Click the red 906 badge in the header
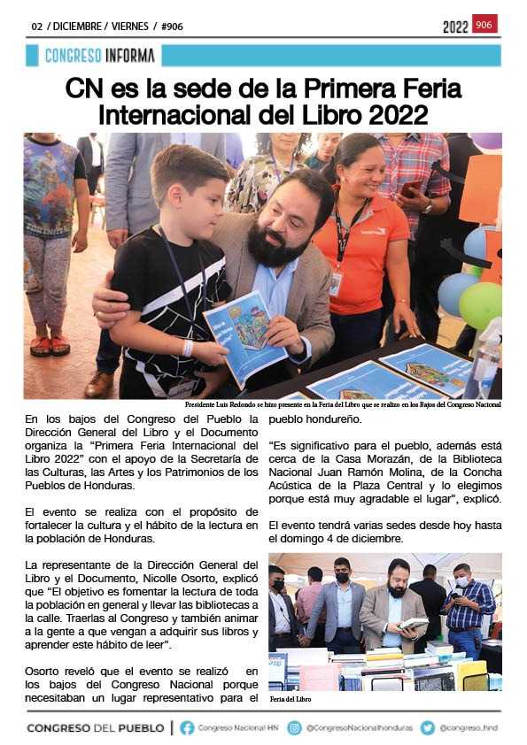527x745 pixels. point(484,25)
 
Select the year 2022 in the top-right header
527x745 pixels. point(455,27)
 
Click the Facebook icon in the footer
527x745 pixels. point(187,727)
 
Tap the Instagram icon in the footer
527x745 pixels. point(295,727)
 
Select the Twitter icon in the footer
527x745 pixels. point(428,727)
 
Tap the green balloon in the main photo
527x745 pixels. point(481,305)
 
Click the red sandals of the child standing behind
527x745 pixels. point(50,344)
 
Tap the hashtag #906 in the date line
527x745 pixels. point(171,27)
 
